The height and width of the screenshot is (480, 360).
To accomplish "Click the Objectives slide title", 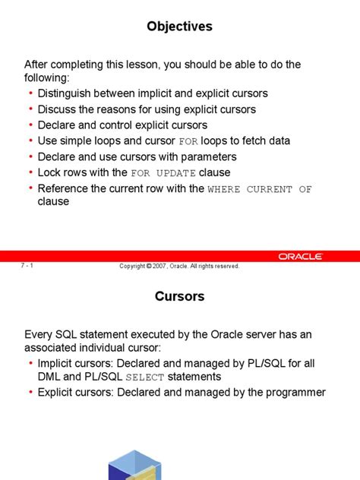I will [180, 27].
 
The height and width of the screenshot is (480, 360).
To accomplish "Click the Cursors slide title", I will [180, 297].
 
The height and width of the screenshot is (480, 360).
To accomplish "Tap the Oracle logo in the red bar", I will [301, 257].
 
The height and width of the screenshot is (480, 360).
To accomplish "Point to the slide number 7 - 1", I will [27, 266].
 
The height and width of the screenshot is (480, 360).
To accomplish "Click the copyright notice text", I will [180, 266].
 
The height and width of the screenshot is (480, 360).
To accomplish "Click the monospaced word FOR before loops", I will [188, 141].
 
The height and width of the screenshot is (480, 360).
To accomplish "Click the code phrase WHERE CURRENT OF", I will [259, 189].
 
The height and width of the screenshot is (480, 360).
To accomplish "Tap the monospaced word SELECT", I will [144, 377].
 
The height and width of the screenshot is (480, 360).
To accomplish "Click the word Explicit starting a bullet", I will [58, 392].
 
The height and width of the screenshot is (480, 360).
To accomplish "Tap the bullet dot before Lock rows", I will [30, 173].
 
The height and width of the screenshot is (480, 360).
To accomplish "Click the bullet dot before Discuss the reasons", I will [30, 109].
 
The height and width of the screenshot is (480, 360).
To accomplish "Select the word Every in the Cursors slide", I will [38, 334].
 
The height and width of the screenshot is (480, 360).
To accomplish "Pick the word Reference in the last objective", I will [65, 188].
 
